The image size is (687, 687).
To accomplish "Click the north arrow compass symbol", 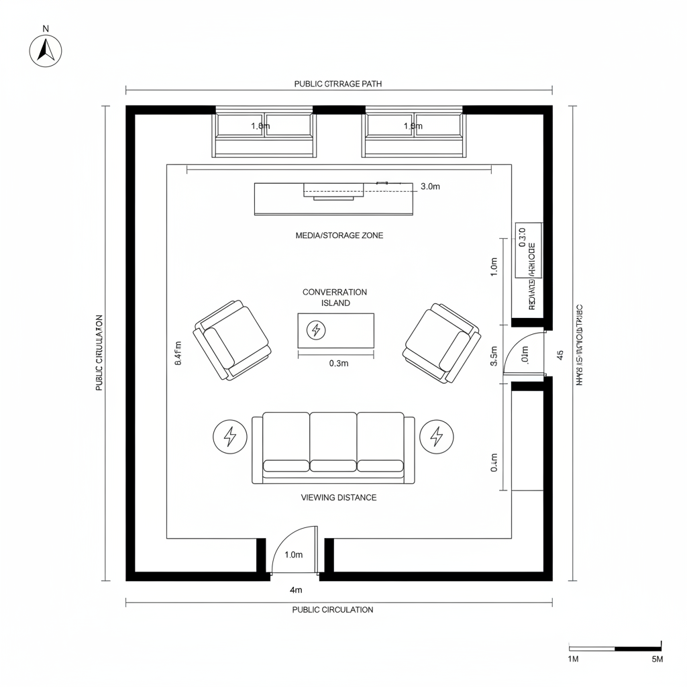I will click(46, 50).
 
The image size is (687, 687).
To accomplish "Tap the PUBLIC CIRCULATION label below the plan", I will click(333, 610).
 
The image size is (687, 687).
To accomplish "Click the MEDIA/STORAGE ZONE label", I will click(339, 235).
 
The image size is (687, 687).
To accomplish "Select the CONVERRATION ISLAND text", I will click(335, 297).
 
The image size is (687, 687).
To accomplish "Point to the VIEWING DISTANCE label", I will click(339, 497).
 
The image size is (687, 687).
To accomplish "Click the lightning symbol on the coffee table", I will click(315, 330).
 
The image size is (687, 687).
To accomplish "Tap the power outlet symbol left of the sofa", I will click(230, 437).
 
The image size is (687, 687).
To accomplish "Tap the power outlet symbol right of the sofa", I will click(437, 437).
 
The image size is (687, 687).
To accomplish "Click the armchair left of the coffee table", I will click(232, 339).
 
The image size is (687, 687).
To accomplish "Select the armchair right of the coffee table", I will click(441, 342).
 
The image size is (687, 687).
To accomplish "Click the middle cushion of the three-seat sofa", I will click(333, 443).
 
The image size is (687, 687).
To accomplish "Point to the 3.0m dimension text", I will click(429, 187).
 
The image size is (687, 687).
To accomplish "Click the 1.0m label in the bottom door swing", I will click(294, 555).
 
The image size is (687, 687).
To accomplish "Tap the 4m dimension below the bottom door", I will click(296, 590).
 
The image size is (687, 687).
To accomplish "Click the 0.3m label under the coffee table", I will click(339, 364).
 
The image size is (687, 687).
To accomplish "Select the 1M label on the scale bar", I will click(574, 659).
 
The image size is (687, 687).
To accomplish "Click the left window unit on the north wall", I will click(264, 133).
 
